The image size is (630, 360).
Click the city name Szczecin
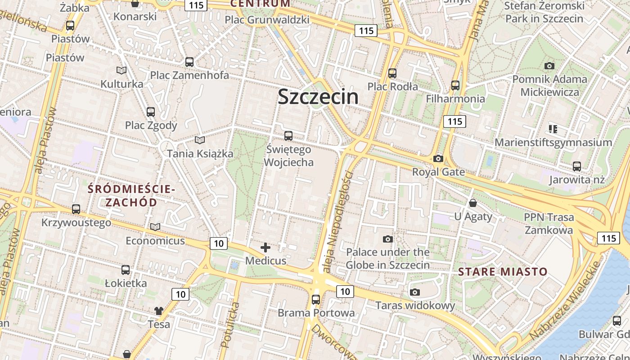pos(318,97)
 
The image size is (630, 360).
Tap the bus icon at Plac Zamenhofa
pos(189,62)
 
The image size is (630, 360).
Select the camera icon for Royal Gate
pos(438,158)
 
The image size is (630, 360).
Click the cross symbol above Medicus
pos(265,247)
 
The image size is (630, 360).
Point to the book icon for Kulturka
pos(121,70)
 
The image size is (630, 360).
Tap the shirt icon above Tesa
pos(159,310)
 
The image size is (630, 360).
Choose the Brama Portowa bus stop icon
pos(316,299)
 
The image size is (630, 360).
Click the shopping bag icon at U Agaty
pos(472,203)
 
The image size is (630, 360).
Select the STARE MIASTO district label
pos(503,272)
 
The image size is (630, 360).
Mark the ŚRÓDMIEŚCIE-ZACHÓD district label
pos(131,196)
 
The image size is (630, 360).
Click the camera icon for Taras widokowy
pos(415,292)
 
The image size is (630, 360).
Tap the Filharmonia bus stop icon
pos(455,85)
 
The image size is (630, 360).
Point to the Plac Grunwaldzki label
pos(267,20)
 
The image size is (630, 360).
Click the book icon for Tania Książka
pos(200,140)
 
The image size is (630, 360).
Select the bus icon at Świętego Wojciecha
pos(288,135)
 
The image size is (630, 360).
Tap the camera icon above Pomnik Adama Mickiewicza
pos(549,66)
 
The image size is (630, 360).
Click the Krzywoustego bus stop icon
pos(76,209)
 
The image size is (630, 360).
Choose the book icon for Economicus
pos(155,227)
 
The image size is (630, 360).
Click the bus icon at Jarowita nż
pos(577,166)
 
